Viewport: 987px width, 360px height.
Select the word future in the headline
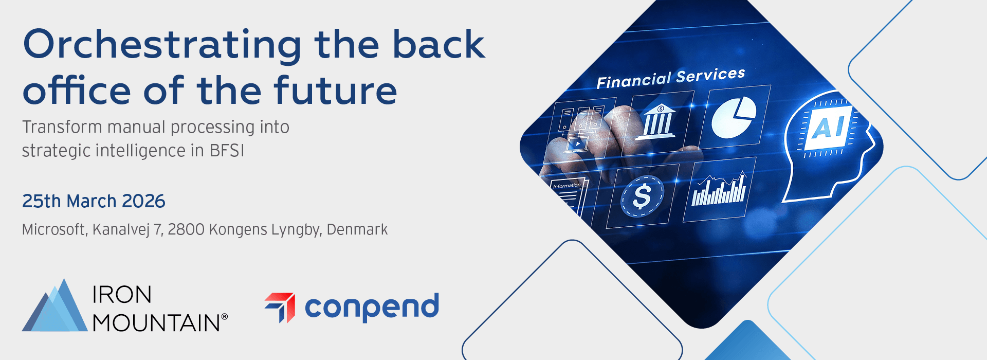click(x=335, y=90)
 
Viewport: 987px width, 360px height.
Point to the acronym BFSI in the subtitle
click(x=227, y=151)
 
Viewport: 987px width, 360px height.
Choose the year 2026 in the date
click(x=143, y=201)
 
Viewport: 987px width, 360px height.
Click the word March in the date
click(x=92, y=201)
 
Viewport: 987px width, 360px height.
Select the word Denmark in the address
click(x=357, y=229)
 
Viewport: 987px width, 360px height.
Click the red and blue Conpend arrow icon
click(x=280, y=308)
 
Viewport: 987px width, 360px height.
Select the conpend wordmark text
click(x=372, y=307)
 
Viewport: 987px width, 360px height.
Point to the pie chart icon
click(x=734, y=118)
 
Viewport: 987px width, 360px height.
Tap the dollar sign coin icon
click(x=642, y=196)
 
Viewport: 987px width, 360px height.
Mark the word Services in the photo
click(x=710, y=76)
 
